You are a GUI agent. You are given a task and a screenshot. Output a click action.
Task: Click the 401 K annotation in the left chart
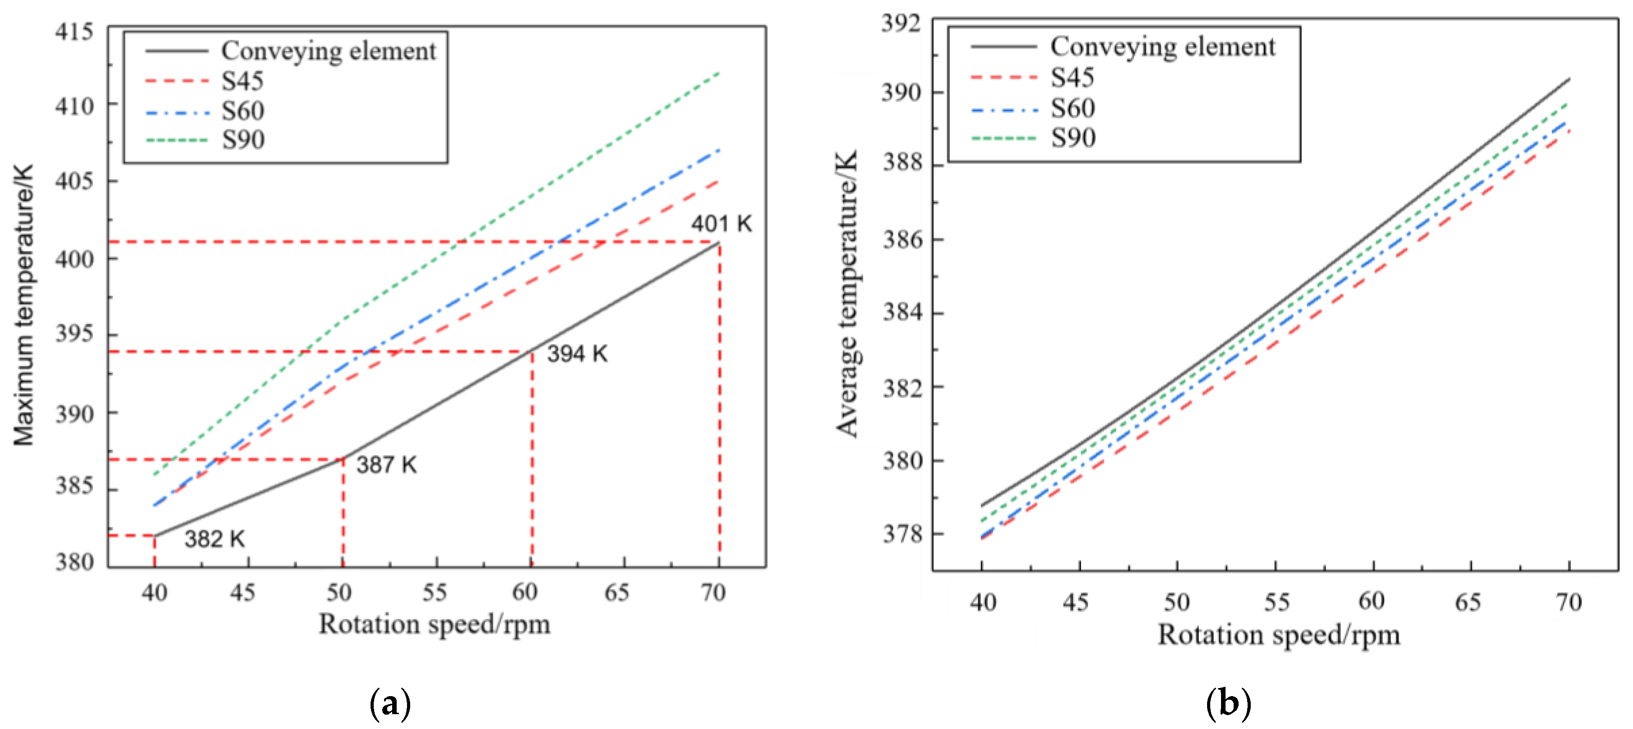tap(721, 224)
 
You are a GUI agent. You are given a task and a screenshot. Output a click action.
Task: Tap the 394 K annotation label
tap(577, 354)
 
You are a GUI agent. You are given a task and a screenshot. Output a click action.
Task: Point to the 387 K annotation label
tap(386, 465)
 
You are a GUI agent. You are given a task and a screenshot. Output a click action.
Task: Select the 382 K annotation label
tap(214, 539)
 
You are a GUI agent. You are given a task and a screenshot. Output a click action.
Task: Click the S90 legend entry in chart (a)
tap(243, 140)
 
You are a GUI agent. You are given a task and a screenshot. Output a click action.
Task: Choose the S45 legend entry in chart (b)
tap(1072, 77)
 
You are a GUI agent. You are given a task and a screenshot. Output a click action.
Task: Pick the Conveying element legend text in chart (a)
tap(328, 51)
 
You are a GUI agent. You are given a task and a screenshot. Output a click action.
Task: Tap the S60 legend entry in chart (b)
tap(1072, 108)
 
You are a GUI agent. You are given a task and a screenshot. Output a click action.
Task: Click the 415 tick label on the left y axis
tap(74, 31)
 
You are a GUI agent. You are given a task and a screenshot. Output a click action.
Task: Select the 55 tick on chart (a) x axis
tap(435, 592)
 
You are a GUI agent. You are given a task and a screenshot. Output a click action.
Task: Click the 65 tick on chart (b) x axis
tap(1468, 602)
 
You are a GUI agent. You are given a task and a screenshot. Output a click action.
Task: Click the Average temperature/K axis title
tap(847, 294)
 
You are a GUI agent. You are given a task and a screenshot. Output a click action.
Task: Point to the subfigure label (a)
tap(390, 704)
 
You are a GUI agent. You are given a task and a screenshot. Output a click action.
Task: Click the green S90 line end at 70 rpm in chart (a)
tap(719, 73)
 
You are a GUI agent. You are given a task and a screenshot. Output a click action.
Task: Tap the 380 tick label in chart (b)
tap(903, 460)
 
